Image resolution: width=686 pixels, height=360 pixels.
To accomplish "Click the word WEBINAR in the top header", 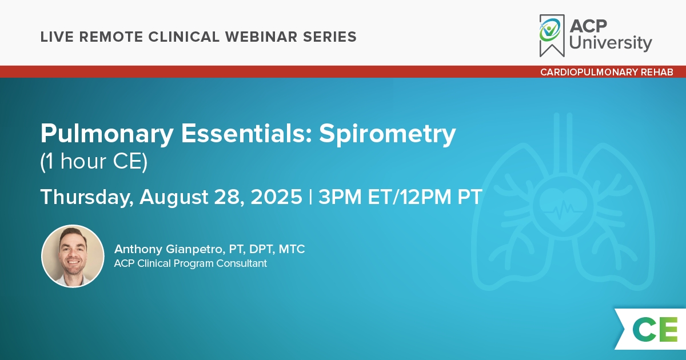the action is click(261, 37).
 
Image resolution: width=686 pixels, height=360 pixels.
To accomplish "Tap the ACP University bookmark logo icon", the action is click(552, 35).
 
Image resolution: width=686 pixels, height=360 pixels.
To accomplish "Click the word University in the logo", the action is click(611, 43).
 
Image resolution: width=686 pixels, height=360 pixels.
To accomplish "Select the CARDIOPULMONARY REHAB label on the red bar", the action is click(607, 72).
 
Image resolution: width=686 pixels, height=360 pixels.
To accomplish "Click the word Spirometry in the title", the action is click(388, 134).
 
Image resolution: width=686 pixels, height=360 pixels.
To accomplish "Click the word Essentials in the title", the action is click(246, 133).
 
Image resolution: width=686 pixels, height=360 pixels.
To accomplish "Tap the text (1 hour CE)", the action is click(94, 161).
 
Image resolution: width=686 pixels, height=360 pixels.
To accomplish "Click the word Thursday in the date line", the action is click(87, 197).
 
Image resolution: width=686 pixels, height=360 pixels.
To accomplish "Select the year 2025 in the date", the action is click(277, 197).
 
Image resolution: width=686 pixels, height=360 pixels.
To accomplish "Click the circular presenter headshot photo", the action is click(73, 256).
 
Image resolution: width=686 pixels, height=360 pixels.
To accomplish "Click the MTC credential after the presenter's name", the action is click(292, 249).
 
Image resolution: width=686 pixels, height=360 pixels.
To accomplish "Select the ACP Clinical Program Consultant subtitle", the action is click(190, 263).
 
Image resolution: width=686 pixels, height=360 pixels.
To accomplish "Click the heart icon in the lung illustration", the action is click(563, 209).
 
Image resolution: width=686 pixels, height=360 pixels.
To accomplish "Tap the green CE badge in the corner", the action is click(655, 329).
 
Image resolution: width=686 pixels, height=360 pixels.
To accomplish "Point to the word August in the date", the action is click(174, 197).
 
